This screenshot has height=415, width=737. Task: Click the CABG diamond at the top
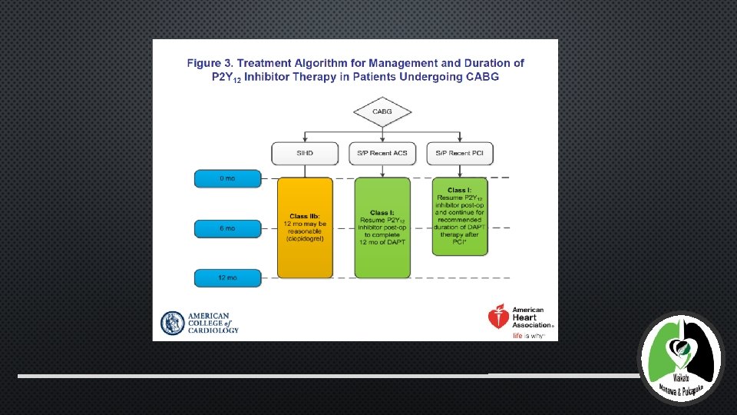point(382,112)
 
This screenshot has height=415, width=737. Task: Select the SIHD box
point(305,153)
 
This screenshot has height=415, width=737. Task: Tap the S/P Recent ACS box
point(382,153)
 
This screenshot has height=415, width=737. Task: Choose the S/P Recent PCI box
point(458,153)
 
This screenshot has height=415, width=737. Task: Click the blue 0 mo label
point(226,178)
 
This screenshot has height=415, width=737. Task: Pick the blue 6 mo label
point(226,228)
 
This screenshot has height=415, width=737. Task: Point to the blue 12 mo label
point(226,277)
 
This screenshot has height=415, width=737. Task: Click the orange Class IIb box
point(305,227)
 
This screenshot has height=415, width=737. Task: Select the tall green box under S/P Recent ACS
point(382,227)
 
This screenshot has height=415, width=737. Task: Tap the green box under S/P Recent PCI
point(458,217)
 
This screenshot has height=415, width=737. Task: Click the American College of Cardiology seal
point(172,323)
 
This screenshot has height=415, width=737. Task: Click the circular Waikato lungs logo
point(680,358)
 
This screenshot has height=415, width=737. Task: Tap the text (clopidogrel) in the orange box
point(305,238)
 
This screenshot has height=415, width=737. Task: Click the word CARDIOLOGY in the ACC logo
point(213,330)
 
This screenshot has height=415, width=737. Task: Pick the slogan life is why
point(529,336)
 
